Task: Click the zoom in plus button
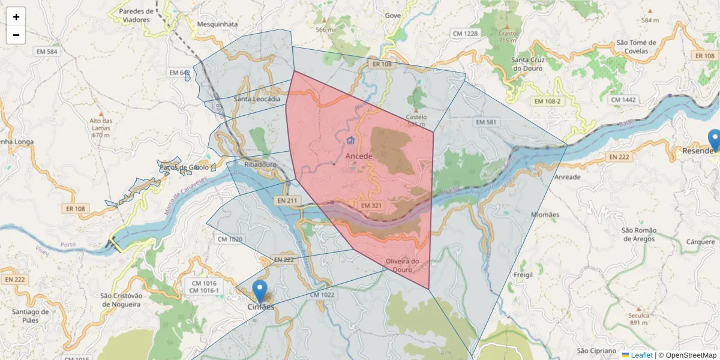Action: (16, 17)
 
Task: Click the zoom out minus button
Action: (16, 35)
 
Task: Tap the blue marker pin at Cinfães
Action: (260, 292)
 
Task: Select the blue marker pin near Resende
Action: (714, 140)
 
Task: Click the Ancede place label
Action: (359, 156)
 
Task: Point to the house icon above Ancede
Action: (350, 140)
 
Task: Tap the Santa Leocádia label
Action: (257, 99)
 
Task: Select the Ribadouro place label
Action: (260, 164)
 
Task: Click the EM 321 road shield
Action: (372, 205)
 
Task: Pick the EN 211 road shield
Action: (288, 200)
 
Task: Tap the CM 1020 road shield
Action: (230, 239)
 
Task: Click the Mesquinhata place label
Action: (218, 25)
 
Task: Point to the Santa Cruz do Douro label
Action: (527, 64)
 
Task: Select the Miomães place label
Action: (545, 214)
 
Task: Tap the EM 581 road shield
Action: (487, 122)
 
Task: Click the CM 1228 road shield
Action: (466, 34)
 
